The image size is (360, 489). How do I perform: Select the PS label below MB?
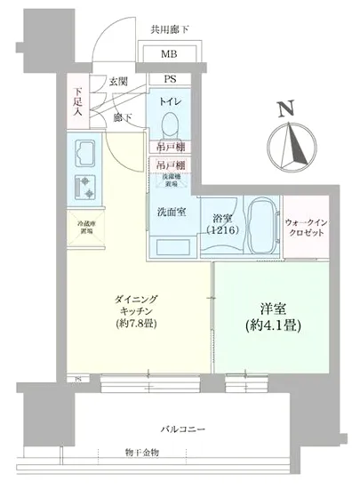tap(168, 79)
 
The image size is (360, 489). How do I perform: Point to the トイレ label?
tap(171, 102)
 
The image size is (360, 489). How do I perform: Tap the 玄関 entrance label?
tap(118, 83)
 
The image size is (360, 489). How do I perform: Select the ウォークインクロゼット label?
tap(307, 227)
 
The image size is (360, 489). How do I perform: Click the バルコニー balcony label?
tap(185, 429)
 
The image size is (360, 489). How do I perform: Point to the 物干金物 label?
tap(142, 453)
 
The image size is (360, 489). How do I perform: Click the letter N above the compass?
tap(284, 110)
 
